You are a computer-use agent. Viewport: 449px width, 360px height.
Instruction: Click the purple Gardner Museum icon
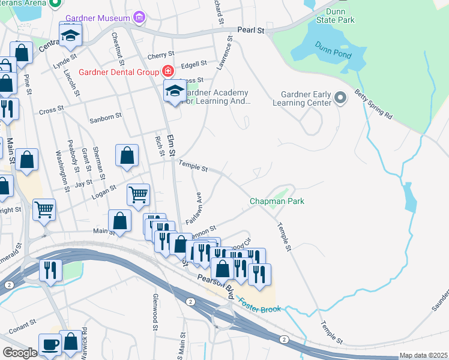click(140, 17)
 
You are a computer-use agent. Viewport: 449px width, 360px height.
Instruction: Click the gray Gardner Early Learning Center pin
click(341, 97)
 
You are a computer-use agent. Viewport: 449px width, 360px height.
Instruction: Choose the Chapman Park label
click(277, 201)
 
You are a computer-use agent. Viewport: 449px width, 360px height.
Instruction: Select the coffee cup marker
click(49, 344)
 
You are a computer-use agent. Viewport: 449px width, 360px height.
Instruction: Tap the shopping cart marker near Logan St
click(138, 194)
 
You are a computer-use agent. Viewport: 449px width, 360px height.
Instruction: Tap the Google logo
click(19, 352)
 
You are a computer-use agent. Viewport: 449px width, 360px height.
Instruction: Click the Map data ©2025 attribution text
click(423, 355)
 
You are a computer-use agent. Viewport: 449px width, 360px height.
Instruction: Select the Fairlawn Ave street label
click(193, 209)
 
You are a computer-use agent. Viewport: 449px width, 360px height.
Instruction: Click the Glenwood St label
click(155, 316)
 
